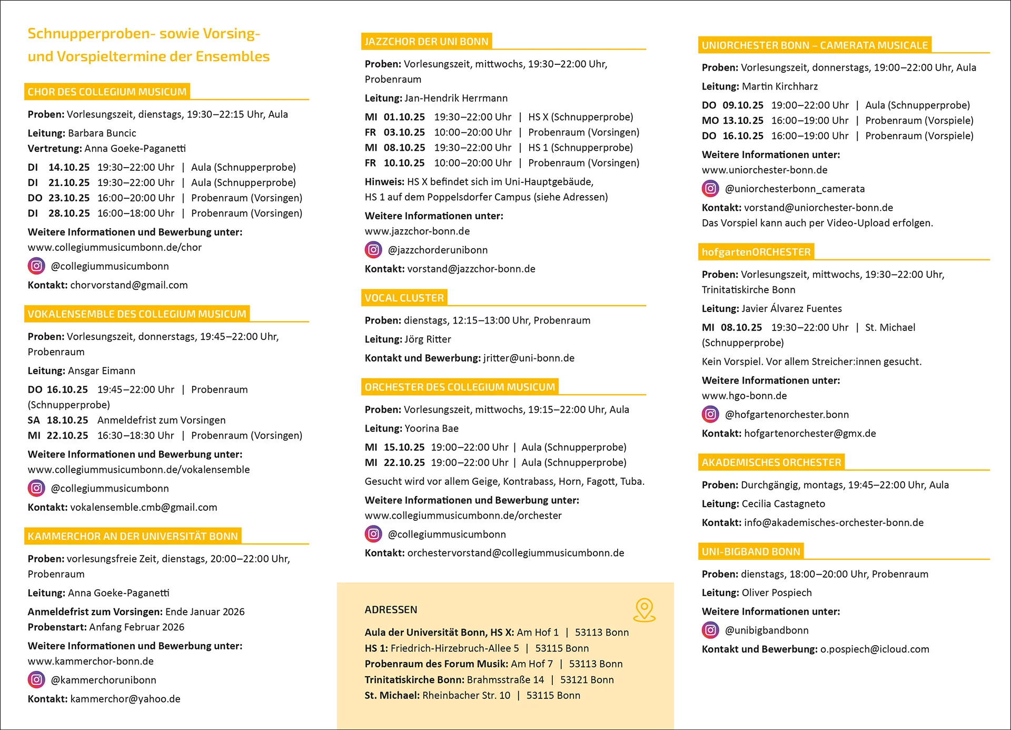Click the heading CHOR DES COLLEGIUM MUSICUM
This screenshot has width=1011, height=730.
coord(107,92)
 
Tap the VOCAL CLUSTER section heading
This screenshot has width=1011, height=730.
coord(404,298)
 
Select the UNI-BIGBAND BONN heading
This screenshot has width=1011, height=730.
coord(751,551)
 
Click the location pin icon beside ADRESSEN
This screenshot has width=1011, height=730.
coord(644,610)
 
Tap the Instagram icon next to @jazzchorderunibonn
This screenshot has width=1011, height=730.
coord(373,250)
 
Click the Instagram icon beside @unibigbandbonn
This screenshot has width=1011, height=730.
coord(710,630)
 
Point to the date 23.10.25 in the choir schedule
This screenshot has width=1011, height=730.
coord(69,198)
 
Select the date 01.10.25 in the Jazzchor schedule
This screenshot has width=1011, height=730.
coord(404,117)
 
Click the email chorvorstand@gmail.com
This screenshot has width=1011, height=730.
coord(129,285)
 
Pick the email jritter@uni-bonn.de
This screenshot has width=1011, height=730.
coord(529,358)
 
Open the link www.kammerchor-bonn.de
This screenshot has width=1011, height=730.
coord(91,661)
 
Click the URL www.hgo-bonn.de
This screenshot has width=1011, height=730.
coord(744,396)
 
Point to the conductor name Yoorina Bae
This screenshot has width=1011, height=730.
coord(431,429)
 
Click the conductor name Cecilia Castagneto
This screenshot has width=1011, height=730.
coord(783,504)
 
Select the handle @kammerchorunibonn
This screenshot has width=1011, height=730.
coord(104,680)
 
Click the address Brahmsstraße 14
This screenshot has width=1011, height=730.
coord(506,680)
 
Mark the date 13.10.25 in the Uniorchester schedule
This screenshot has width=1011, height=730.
coord(742,121)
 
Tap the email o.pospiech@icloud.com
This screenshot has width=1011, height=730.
coord(875,649)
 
